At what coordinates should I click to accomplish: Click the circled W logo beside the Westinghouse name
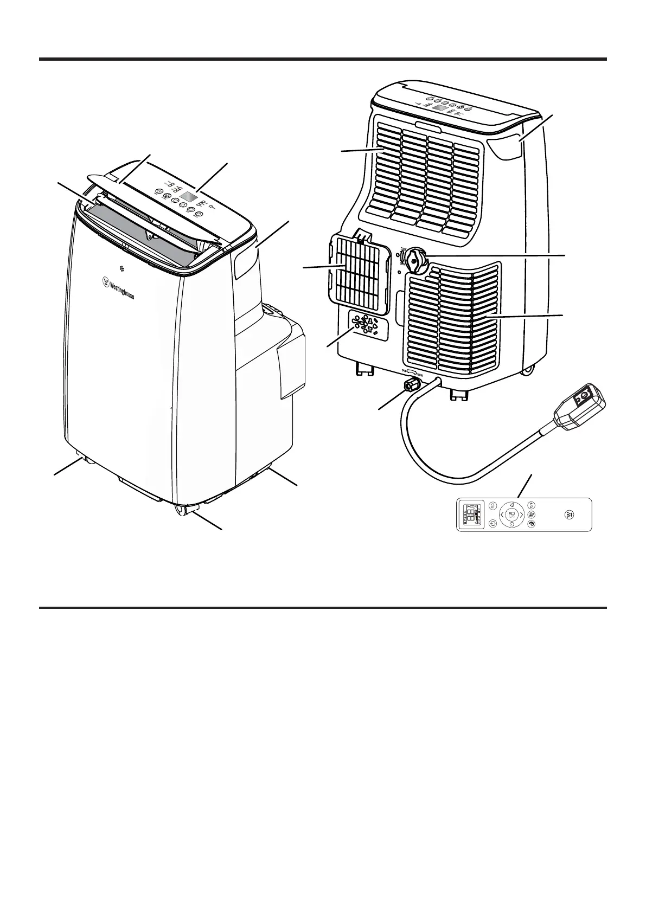[104, 281]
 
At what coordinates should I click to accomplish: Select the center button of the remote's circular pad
[512, 514]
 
